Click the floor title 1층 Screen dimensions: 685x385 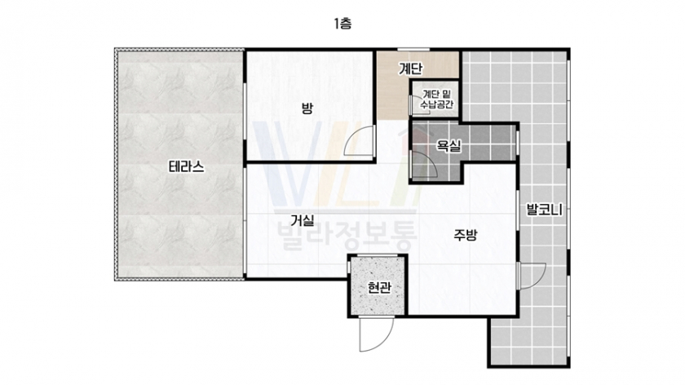[x=342, y=23]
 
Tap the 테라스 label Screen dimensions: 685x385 [x=187, y=167]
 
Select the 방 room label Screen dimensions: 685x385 [x=307, y=108]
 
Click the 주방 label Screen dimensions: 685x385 [x=466, y=235]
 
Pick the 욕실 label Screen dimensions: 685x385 [x=449, y=146]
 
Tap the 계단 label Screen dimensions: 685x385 [x=410, y=69]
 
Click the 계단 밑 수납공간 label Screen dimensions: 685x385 [x=437, y=100]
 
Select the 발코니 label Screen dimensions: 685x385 [x=544, y=210]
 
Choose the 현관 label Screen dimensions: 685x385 [x=378, y=288]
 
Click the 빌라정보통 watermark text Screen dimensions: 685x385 [x=347, y=237]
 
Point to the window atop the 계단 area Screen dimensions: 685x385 [x=413, y=49]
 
